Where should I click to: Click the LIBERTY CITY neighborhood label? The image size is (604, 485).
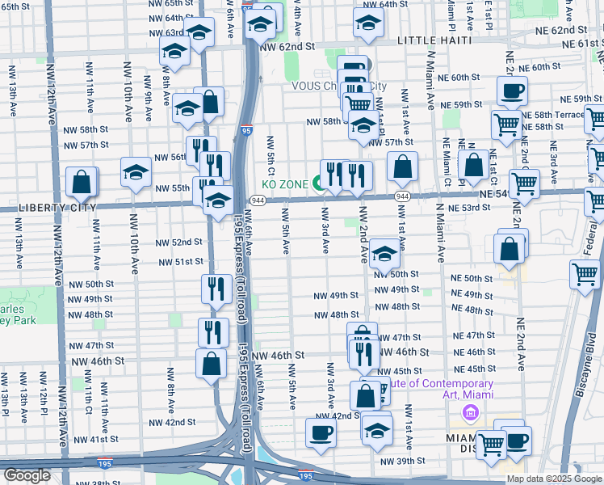48,207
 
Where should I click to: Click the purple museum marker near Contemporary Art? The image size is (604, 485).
470,413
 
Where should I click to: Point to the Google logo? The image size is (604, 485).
27,474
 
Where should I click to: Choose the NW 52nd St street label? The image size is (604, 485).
176,242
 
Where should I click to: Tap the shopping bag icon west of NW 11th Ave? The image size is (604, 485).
82,183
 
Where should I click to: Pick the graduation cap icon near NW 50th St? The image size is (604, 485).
384,255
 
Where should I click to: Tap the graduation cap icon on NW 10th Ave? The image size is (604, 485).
136,171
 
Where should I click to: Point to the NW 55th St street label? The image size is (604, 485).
169,188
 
